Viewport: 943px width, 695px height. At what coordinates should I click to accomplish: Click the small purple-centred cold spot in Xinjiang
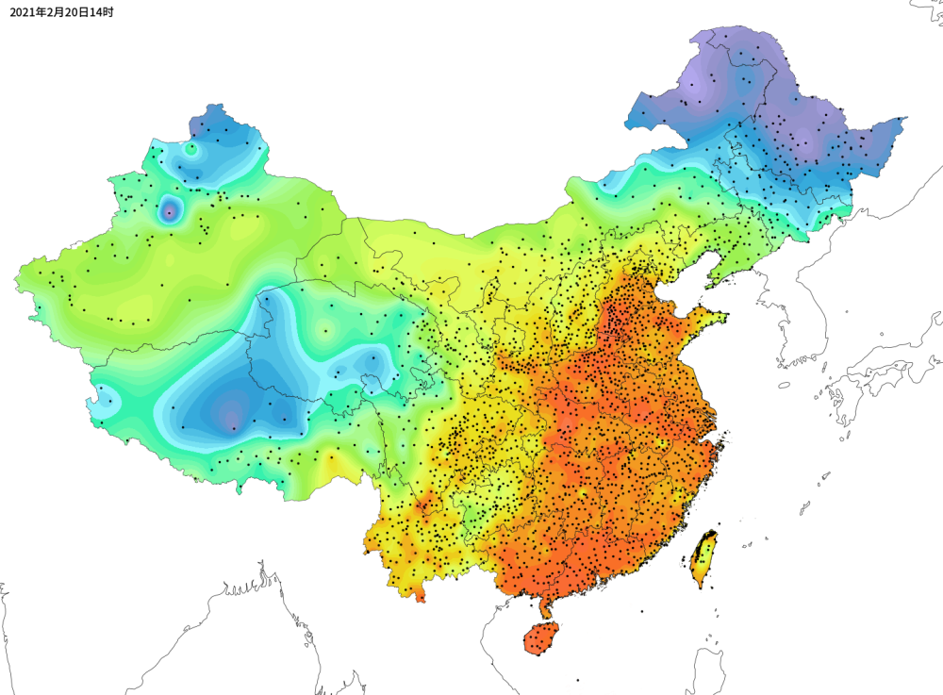[x=170, y=210]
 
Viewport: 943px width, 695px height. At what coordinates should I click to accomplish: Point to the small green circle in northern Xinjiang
[x=191, y=148]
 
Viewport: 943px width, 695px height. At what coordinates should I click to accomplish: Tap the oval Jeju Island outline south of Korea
[x=784, y=385]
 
